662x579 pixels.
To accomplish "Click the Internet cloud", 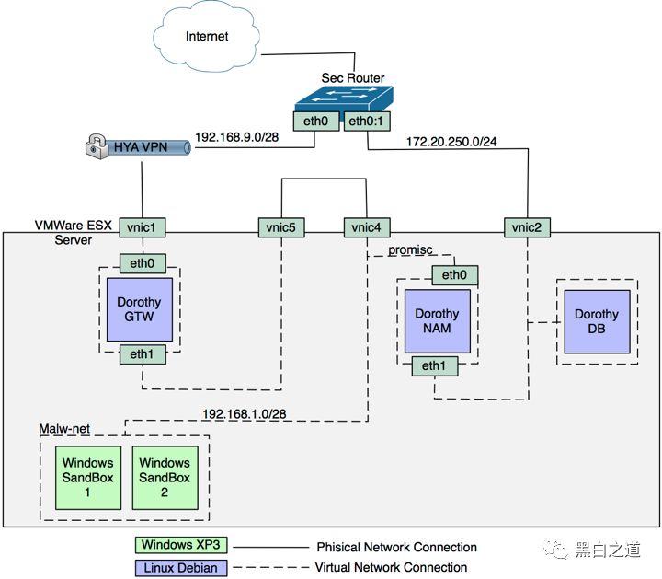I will coord(208,37).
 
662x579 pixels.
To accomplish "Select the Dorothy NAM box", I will coord(437,321).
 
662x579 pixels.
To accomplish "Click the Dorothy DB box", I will coord(597,321).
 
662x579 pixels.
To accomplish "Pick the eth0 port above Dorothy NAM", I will coord(454,274).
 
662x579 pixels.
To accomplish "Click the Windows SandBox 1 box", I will coord(88,477).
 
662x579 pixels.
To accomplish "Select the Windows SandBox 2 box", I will coord(165,477).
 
